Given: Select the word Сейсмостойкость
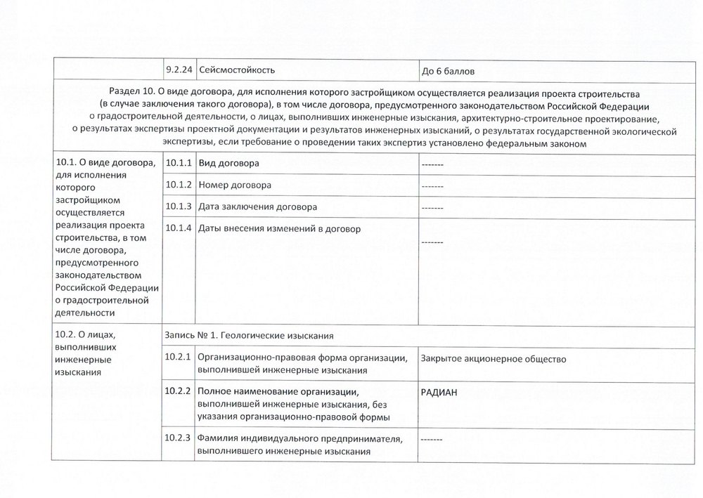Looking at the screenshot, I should [237, 70].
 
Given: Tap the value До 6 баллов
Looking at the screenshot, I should [450, 71].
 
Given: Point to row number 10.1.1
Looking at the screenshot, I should [179, 163].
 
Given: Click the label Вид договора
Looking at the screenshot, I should [229, 163].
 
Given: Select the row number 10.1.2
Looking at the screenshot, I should [179, 185].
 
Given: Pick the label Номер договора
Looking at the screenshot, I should [235, 185].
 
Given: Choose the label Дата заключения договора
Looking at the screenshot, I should [258, 207].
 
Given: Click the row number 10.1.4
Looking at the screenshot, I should [179, 228].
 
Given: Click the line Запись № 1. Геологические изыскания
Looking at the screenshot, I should [248, 334].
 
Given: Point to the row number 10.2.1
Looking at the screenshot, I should [179, 358].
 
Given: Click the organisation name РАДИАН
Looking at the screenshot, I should [439, 393].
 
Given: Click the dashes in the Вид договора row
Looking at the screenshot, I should [432, 164].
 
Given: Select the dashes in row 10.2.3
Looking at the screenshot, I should [432, 440].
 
